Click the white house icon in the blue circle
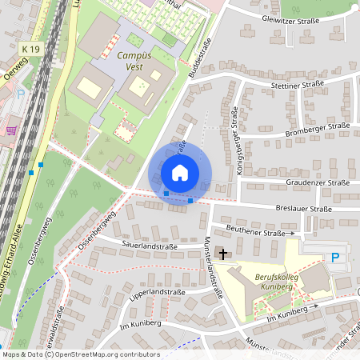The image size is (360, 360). coord(180,172)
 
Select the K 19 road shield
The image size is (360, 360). coord(30,50)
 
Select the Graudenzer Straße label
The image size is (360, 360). coord(317,182)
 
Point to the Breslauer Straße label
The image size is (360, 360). coord(302,209)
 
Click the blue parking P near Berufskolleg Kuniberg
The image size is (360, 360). coord(335,258)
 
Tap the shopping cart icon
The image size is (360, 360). coord(11,130)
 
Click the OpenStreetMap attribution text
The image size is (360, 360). coord(80,354)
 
